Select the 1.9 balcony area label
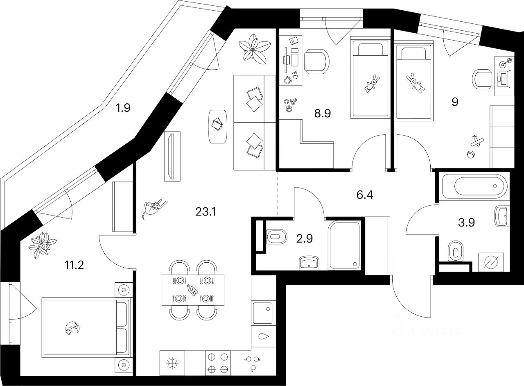tap(122, 109)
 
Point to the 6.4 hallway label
tap(365, 195)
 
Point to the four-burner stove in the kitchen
tap(218, 363)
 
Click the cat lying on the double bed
tap(72, 328)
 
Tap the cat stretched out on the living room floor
tap(154, 207)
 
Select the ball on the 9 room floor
tap(470, 155)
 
